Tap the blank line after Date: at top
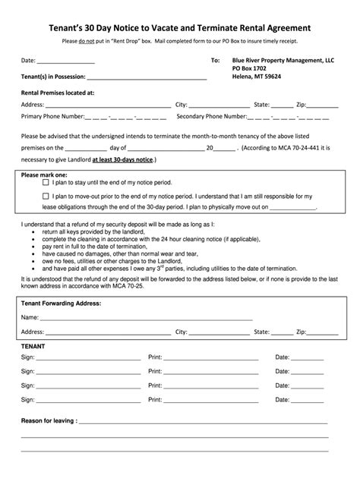(x=66, y=61)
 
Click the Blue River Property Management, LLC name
(x=283, y=60)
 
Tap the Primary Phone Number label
(x=52, y=117)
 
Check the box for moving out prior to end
(x=46, y=196)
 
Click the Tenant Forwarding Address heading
(x=61, y=303)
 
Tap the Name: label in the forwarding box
(x=30, y=317)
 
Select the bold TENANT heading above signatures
(x=33, y=345)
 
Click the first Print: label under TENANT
(x=156, y=356)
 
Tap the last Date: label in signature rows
(x=283, y=398)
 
